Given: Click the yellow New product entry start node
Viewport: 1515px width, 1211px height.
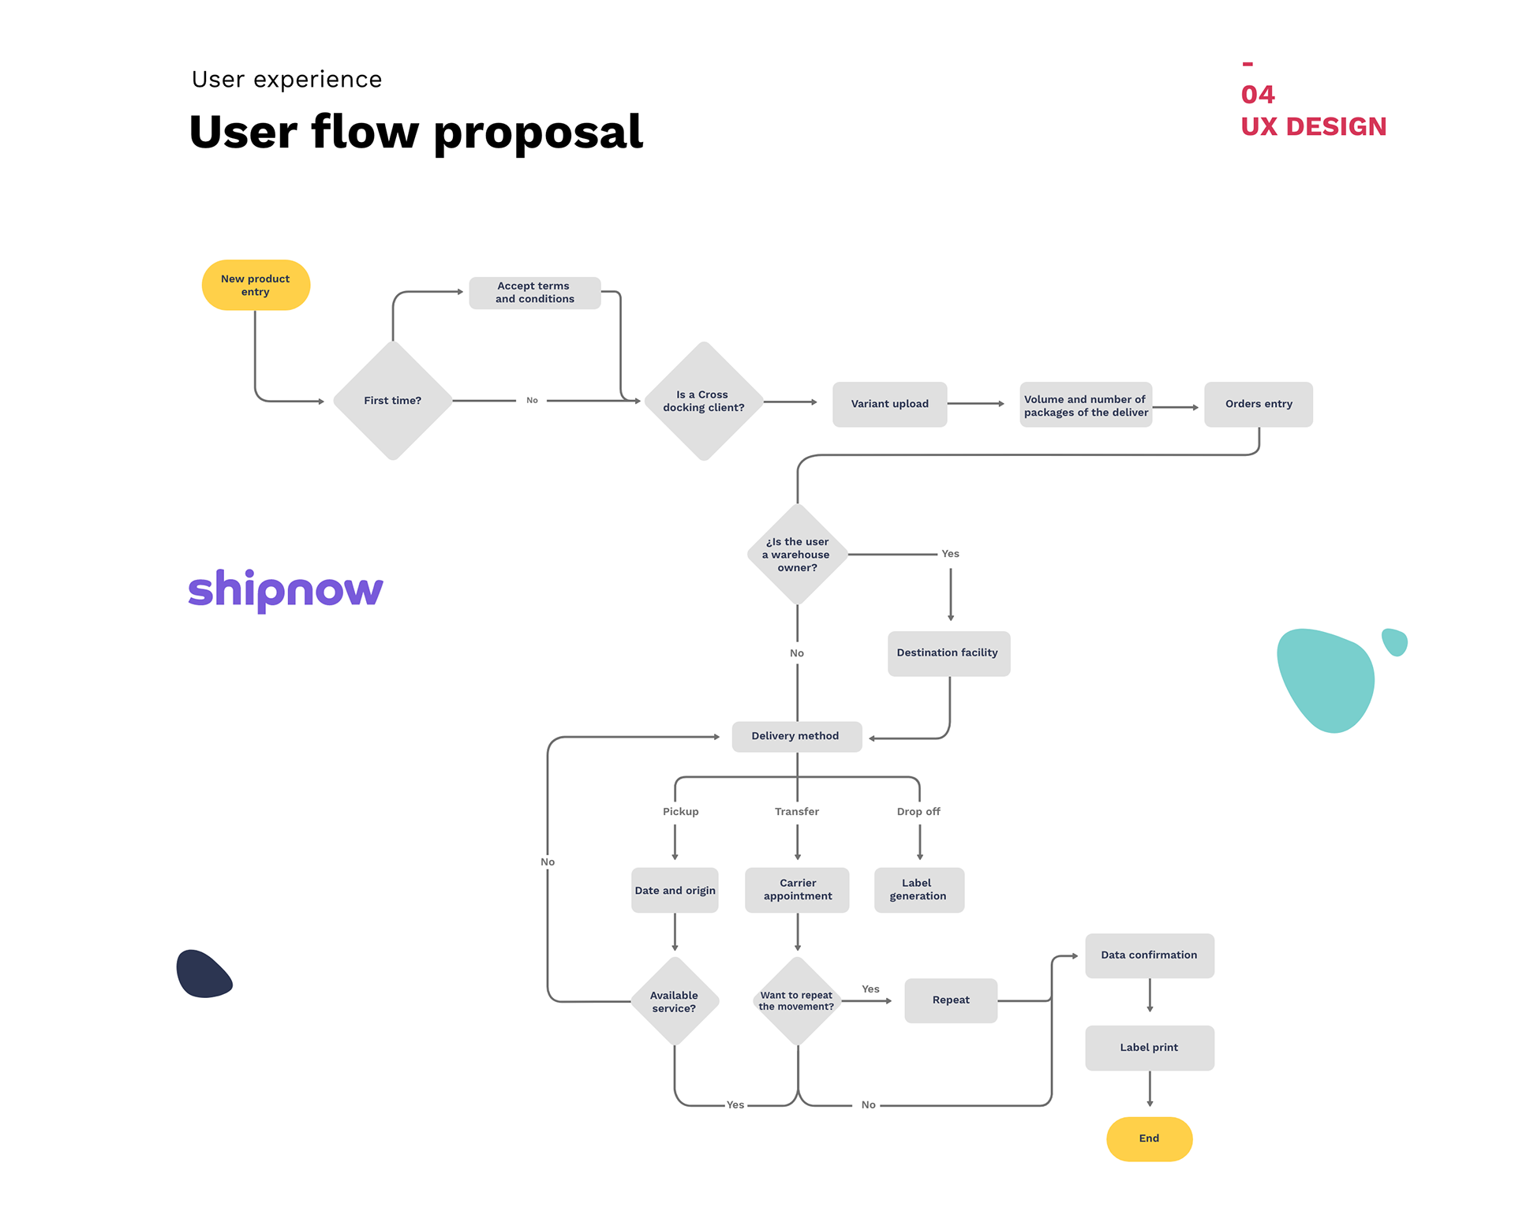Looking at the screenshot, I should click(256, 285).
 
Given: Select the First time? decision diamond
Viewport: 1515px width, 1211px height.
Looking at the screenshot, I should click(392, 401).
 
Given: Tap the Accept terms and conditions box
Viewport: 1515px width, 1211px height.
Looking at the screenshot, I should click(534, 293).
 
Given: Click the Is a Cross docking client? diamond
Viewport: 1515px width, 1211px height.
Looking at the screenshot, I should click(703, 401).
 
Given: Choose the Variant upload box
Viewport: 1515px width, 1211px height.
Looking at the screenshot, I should click(889, 404).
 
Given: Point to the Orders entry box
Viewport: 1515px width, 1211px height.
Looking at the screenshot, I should click(1258, 404).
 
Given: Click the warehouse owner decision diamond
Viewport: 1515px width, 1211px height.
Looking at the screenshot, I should click(797, 555).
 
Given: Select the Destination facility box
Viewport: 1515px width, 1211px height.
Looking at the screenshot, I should click(948, 653).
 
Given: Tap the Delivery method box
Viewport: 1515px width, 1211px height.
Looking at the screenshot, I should click(795, 736).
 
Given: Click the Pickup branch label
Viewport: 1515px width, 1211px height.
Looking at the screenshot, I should click(680, 812).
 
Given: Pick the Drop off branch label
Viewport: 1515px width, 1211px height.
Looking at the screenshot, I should click(918, 812).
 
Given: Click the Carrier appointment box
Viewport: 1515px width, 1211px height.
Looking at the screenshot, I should click(797, 890).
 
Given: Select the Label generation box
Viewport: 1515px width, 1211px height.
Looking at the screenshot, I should click(918, 890).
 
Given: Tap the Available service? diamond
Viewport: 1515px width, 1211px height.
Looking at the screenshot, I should click(675, 1002).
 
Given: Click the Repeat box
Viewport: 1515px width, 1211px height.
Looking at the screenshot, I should click(951, 1000).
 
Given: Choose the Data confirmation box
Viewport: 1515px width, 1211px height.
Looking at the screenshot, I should click(1149, 955).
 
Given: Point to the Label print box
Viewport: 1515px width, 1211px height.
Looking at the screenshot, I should click(1149, 1048).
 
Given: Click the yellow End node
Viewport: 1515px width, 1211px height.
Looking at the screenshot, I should click(1149, 1138).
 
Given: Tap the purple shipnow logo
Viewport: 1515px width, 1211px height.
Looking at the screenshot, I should click(286, 589).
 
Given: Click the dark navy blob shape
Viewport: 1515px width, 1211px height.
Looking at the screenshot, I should click(203, 974).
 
